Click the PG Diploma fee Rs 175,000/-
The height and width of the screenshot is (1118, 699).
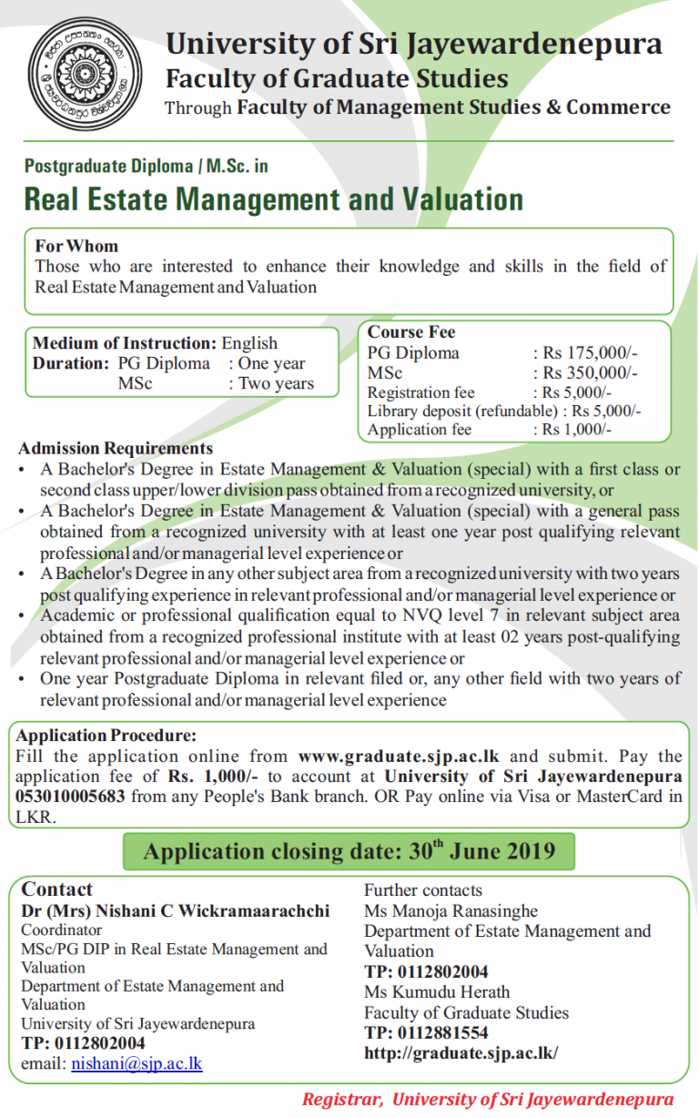point(590,353)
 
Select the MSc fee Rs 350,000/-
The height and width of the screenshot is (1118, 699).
point(590,373)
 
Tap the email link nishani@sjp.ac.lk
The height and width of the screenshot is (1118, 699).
point(137,1063)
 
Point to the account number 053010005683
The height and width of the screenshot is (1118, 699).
point(74,797)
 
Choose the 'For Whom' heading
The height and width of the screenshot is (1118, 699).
point(76,246)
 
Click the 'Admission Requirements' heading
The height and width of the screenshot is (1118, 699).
point(116,448)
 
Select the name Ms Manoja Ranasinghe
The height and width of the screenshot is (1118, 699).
point(451,910)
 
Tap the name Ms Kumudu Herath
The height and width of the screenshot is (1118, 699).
point(437,991)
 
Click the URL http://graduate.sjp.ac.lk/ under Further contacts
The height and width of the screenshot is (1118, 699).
point(461,1053)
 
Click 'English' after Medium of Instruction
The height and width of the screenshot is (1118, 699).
point(249,343)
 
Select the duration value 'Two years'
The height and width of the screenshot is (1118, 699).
point(277,383)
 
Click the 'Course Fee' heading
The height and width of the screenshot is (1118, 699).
point(411,332)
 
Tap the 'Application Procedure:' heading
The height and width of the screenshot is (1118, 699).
point(106,736)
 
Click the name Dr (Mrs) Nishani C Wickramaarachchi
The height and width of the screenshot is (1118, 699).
point(176,910)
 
